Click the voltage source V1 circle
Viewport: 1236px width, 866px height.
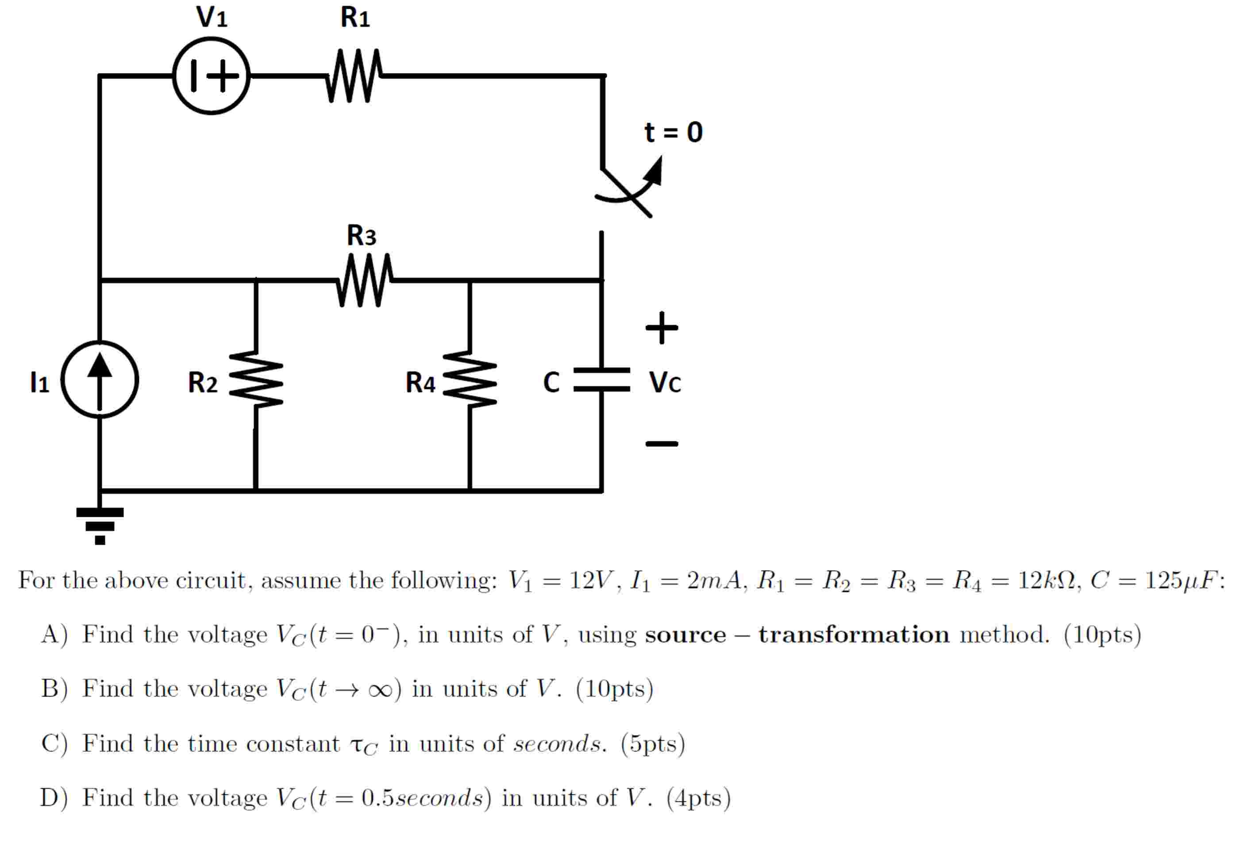coord(212,76)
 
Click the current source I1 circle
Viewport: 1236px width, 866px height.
coord(100,379)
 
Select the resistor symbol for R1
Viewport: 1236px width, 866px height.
coord(354,76)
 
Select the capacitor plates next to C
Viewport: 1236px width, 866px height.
coord(601,379)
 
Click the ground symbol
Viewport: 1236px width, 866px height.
coord(100,525)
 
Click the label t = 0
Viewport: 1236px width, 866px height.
coord(674,132)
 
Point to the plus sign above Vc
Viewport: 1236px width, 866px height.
coord(662,327)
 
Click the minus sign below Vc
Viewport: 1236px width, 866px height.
coord(662,443)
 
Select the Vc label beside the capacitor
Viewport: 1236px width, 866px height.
coord(665,383)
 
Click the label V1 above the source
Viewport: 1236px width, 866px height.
coord(212,17)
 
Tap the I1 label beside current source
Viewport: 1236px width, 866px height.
coord(39,383)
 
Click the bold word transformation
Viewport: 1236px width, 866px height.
coord(854,635)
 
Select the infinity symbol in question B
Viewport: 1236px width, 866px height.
coord(380,690)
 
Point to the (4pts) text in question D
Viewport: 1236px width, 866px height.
coord(699,798)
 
